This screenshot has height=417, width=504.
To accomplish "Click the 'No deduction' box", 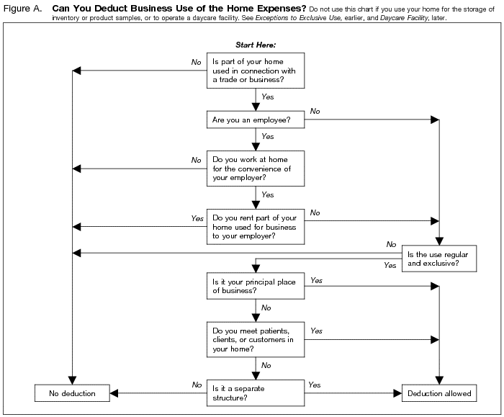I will (x=72, y=393).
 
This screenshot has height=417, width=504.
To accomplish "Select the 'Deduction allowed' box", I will (x=439, y=393).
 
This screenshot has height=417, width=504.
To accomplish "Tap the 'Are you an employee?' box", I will (x=256, y=119).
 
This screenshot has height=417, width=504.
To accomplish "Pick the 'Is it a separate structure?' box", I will (x=256, y=393).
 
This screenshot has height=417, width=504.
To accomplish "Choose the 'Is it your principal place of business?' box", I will (x=256, y=287).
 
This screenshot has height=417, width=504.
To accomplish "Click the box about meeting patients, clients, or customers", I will (x=256, y=339).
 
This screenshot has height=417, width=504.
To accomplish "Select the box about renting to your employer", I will (x=256, y=226).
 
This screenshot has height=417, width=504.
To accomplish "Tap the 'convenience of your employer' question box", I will (x=256, y=169).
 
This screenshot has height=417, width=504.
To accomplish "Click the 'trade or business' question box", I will (x=256, y=71).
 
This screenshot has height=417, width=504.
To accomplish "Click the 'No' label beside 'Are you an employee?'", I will (x=315, y=111).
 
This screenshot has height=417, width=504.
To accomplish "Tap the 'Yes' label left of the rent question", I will (x=197, y=218).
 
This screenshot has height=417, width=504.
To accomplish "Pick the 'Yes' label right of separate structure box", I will (x=315, y=385).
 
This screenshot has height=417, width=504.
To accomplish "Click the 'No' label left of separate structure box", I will (x=197, y=385).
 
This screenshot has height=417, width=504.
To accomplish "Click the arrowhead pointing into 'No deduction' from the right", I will (x=113, y=393).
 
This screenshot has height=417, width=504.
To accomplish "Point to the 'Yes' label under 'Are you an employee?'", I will (x=267, y=135).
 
